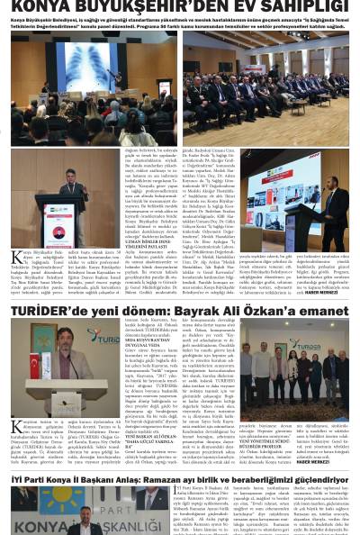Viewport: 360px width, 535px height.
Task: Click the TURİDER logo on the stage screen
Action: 104,336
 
